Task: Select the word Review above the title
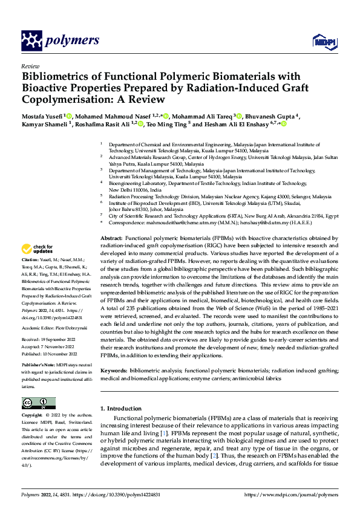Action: point(30,66)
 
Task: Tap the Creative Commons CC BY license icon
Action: point(38,403)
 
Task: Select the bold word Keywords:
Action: point(114,369)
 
